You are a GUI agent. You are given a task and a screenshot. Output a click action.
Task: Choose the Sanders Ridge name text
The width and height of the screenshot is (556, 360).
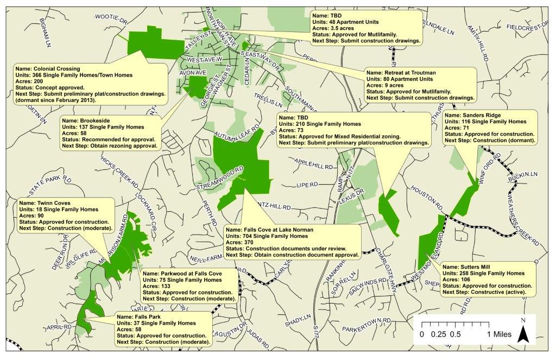tap(471, 116)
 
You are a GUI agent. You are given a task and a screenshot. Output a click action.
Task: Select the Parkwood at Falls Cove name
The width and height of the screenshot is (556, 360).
tap(182, 273)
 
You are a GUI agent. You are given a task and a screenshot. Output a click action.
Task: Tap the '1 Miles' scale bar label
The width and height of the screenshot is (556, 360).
tap(499, 334)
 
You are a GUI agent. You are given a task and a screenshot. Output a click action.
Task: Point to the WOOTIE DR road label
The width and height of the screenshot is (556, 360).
tap(110, 19)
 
